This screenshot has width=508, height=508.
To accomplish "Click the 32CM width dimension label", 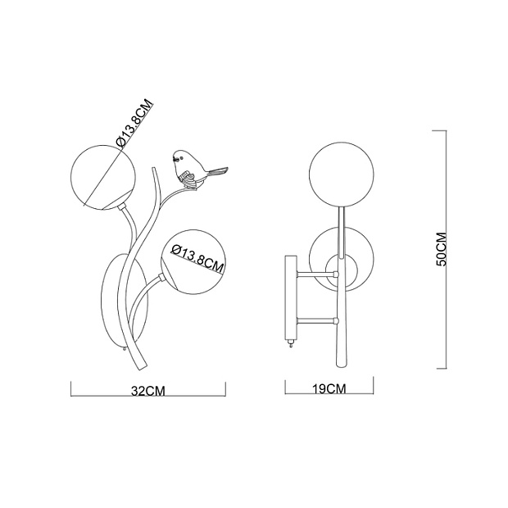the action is point(148,391).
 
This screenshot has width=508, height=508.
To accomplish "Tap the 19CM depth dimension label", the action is point(329,388).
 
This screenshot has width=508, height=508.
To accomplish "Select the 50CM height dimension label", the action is point(442,249).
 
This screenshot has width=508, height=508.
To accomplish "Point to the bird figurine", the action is point(195,170).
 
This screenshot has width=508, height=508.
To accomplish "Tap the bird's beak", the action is point(174,159).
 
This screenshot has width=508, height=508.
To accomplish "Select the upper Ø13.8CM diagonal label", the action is point(134,124).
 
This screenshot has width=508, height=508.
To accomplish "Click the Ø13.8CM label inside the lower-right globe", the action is point(198,258).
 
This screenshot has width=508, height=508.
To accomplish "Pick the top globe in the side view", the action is point(341,174).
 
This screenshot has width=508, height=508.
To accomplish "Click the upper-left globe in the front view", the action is point(103,177).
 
